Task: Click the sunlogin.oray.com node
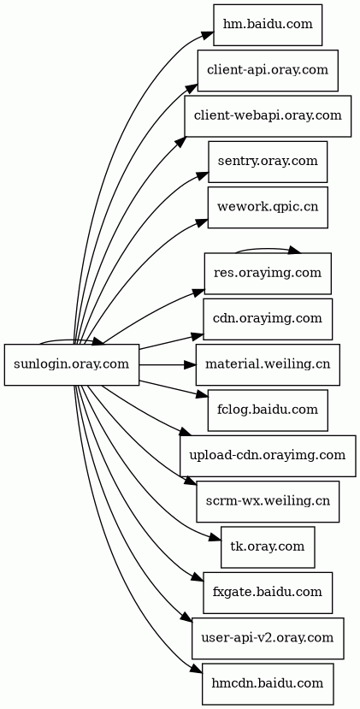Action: [72, 364]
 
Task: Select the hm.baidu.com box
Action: [268, 25]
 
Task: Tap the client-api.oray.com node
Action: [268, 70]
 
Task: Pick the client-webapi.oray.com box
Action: [268, 115]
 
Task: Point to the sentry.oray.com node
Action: [268, 162]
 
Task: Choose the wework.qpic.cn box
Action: [268, 207]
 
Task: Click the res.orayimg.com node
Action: [268, 273]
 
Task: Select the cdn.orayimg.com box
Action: [268, 319]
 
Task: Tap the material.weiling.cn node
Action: [268, 364]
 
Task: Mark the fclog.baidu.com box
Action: [268, 411]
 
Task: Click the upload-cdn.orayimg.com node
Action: [268, 456]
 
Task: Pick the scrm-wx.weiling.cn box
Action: [268, 501]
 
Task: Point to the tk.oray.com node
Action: [268, 547]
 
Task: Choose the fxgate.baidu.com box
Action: [268, 593]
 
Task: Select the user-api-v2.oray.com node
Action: [268, 638]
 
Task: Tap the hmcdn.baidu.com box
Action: [268, 683]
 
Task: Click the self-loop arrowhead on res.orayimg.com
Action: [295, 250]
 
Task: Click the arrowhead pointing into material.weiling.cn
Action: [190, 364]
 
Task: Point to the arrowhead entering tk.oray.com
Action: [215, 538]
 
